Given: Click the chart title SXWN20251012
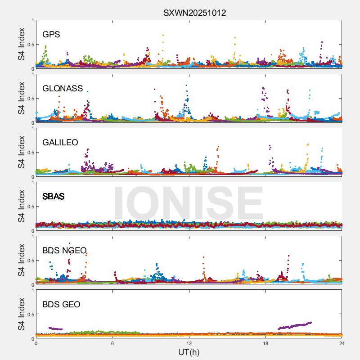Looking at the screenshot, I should (194, 13).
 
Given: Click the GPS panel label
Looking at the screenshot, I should (51, 34).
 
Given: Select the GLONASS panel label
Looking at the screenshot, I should (63, 88).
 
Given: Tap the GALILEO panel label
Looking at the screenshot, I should (60, 142).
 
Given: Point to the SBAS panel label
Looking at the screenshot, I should (54, 196).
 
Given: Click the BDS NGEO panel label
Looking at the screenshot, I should (64, 251).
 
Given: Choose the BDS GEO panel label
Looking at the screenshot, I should (61, 305).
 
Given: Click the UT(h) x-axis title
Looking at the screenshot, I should (189, 351).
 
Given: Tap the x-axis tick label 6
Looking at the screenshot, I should (112, 343).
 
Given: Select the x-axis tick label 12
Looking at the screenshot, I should (189, 343).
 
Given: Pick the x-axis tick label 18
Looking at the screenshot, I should (265, 343).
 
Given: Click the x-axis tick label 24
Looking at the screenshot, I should (342, 343).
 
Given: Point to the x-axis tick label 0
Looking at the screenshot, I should (36, 343).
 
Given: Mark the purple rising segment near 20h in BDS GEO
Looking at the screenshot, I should (295, 325).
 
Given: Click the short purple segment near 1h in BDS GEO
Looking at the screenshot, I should (55, 328).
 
